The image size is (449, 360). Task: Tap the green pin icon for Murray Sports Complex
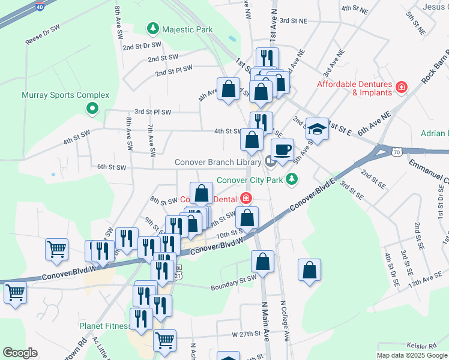92,109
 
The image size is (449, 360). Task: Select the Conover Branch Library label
217,162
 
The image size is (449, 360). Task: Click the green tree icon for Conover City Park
291,179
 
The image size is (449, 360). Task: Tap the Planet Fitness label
105,326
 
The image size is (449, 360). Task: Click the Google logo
20,353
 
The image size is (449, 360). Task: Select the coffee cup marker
282,150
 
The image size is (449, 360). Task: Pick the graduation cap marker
316,128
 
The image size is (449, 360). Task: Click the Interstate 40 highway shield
40,8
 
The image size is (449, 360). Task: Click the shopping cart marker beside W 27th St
164,341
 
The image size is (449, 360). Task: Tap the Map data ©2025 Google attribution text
412,355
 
